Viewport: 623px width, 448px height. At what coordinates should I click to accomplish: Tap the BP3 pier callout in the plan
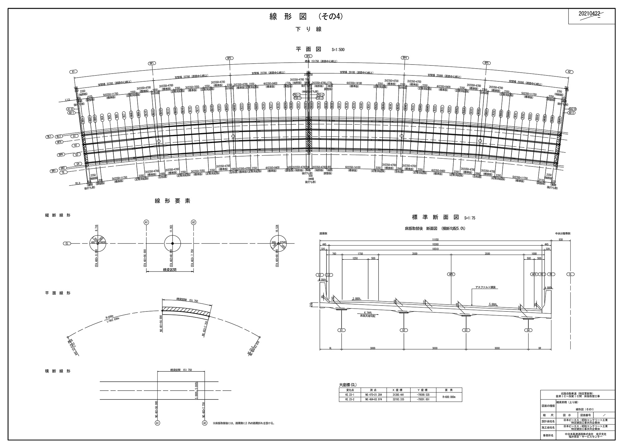(x=308, y=56)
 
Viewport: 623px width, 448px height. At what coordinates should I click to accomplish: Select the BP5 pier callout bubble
(x=486, y=63)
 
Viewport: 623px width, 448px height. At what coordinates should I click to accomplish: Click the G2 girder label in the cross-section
(x=404, y=330)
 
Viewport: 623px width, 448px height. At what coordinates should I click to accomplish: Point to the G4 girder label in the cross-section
(x=528, y=330)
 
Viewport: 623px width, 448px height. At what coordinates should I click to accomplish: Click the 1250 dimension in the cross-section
(x=355, y=258)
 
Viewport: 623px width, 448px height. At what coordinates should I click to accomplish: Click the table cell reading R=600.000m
(x=449, y=397)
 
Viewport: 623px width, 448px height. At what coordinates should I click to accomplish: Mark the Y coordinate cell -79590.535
(x=423, y=394)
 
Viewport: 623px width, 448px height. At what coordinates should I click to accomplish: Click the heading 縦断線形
(x=58, y=215)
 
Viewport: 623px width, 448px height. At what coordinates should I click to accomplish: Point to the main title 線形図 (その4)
(x=307, y=17)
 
